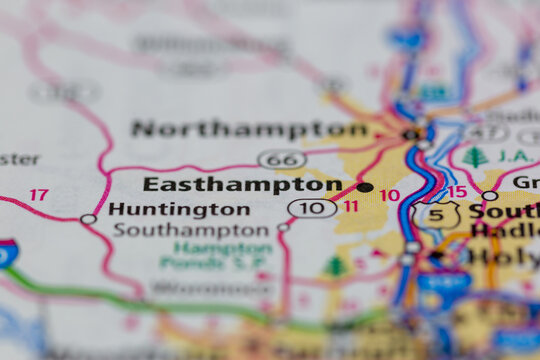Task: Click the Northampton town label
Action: (x=250, y=129)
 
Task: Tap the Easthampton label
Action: (x=242, y=185)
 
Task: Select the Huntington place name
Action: (x=179, y=209)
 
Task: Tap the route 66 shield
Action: (x=282, y=159)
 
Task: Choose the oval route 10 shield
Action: (x=312, y=208)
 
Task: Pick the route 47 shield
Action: (x=486, y=132)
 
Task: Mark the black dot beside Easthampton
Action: (x=365, y=187)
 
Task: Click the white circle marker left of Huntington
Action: (x=88, y=219)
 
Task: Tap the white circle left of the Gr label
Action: (x=489, y=196)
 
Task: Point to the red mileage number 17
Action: (x=38, y=195)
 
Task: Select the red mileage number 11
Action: (x=350, y=207)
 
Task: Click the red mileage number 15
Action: (x=457, y=192)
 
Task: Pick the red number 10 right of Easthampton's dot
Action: (x=389, y=196)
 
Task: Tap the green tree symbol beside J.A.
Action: (x=474, y=157)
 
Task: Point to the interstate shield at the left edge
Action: (x=6, y=253)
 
